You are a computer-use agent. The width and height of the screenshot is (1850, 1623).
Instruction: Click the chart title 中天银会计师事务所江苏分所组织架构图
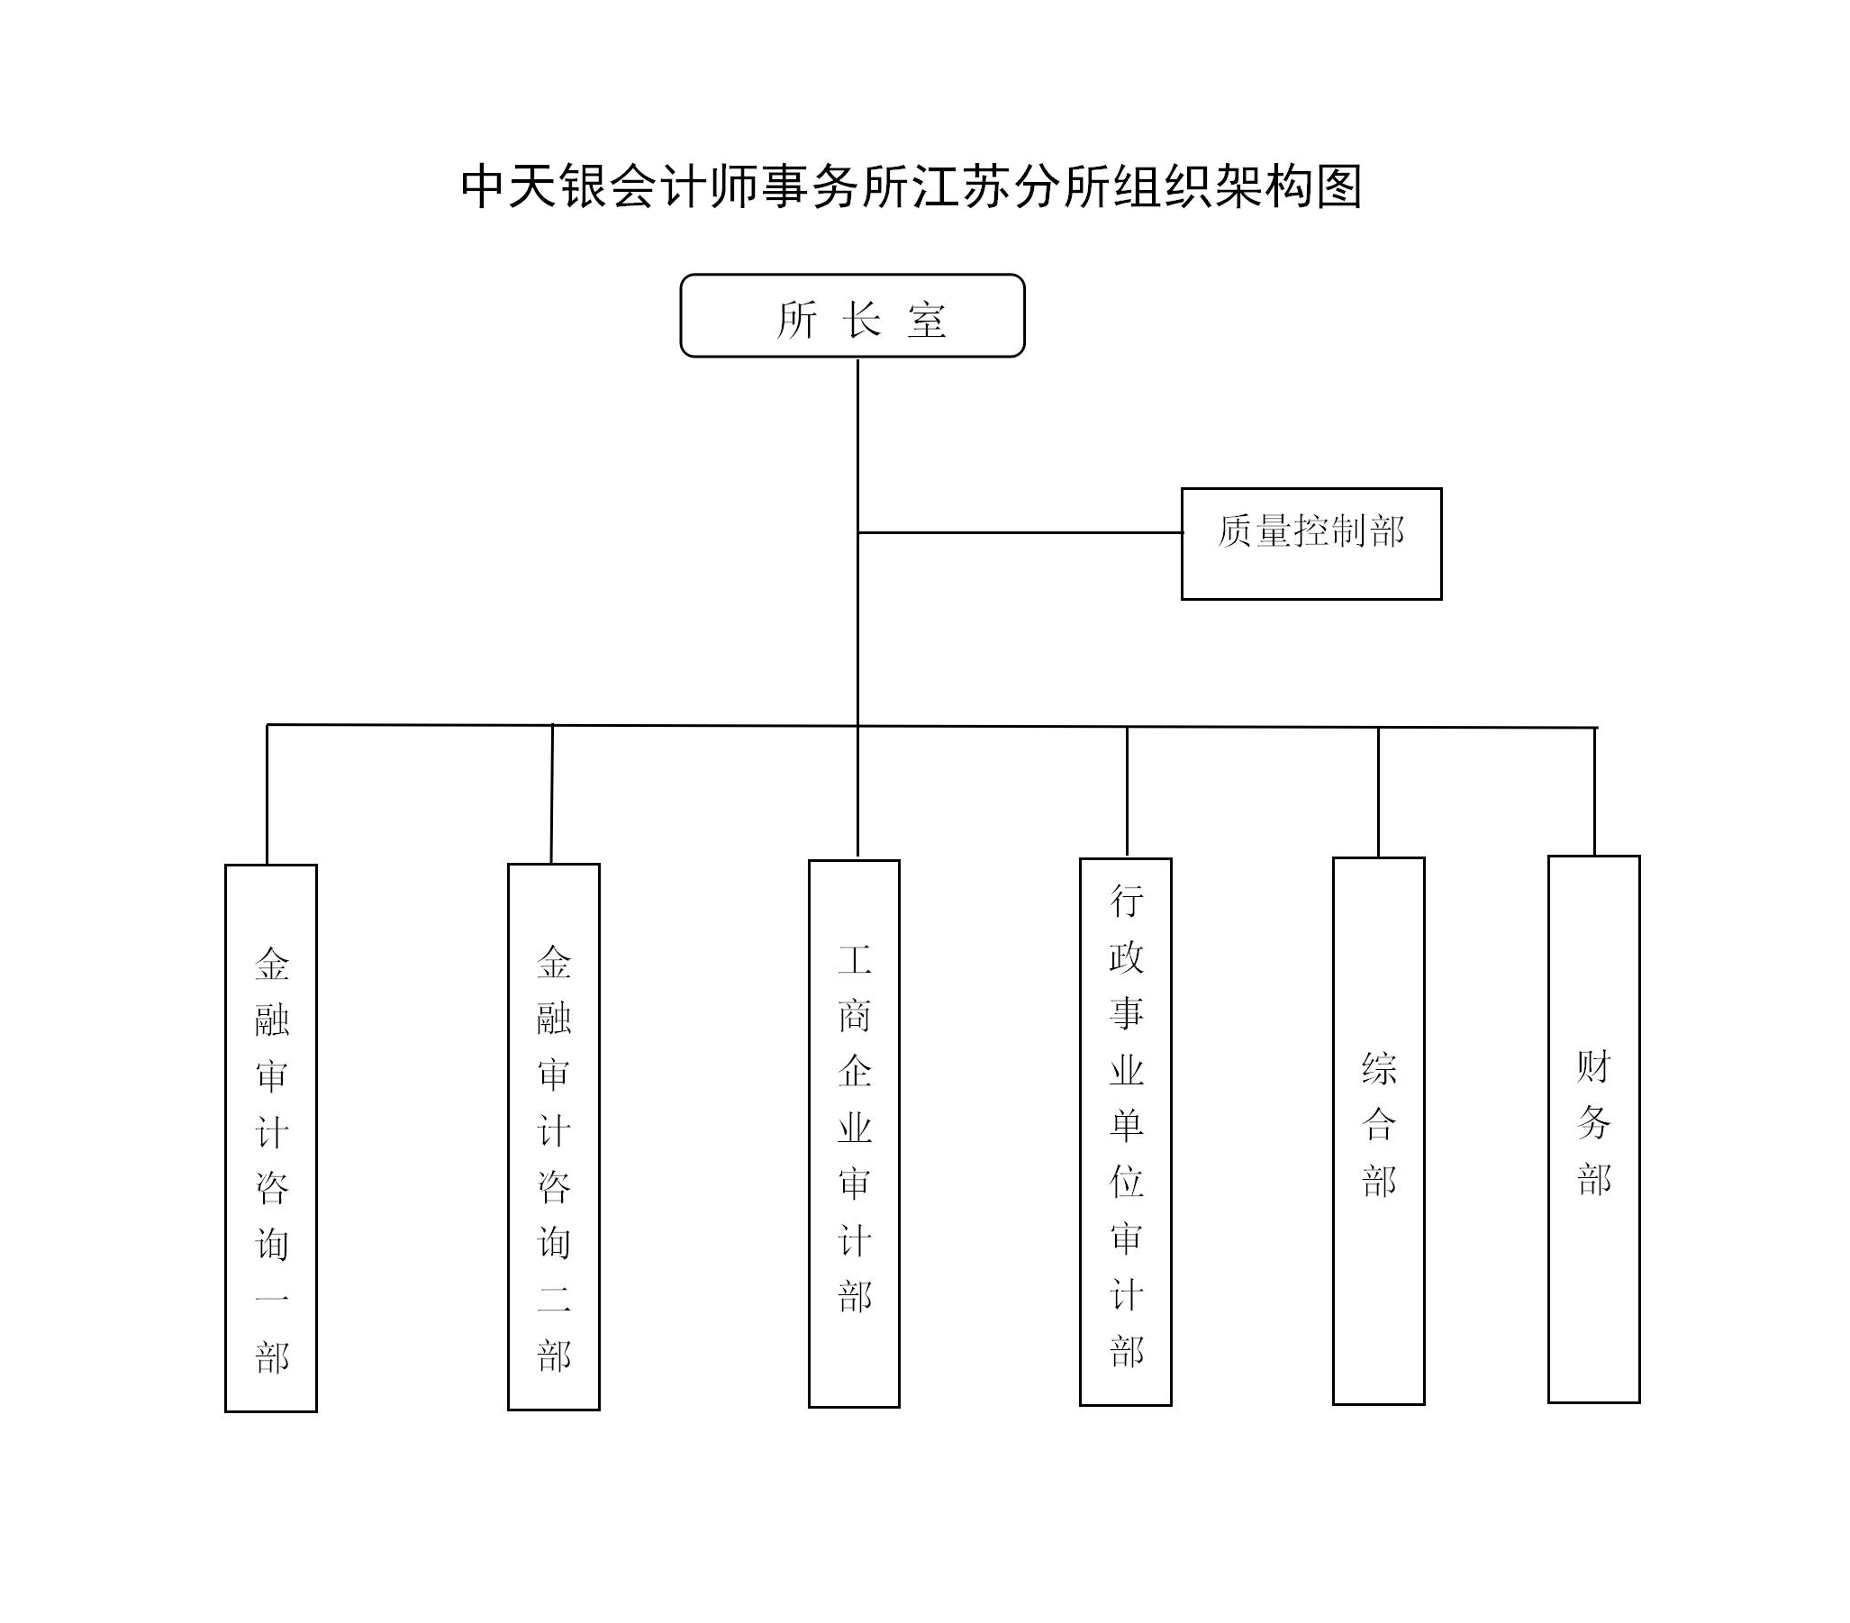[x=911, y=186]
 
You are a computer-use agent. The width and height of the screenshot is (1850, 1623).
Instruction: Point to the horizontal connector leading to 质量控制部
[x=1020, y=532]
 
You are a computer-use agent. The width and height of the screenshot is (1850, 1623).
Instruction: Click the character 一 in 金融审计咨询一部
[x=271, y=1300]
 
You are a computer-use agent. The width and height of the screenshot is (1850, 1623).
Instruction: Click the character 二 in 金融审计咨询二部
[x=554, y=1300]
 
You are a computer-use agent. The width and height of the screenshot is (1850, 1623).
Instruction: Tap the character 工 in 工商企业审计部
[x=855, y=959]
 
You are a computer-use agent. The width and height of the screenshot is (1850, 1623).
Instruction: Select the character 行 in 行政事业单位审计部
[x=1127, y=901]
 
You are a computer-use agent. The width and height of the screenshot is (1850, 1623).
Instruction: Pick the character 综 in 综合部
[x=1379, y=1069]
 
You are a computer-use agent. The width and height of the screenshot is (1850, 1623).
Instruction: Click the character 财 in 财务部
[x=1595, y=1067]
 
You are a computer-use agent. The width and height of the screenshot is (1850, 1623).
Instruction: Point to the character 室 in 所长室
[x=927, y=321]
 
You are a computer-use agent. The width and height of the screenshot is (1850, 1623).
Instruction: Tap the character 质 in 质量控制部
[x=1235, y=531]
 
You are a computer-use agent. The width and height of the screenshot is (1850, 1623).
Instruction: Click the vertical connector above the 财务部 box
[x=1595, y=792]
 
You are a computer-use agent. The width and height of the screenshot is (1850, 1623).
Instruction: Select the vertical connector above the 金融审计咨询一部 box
[x=267, y=794]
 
